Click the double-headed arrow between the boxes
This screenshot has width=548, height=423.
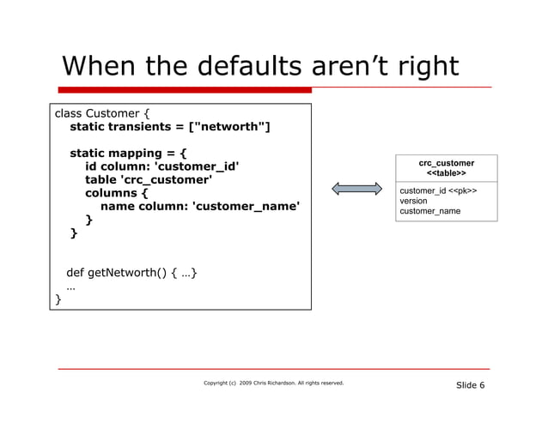tap(356, 188)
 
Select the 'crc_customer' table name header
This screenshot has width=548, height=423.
tap(446, 162)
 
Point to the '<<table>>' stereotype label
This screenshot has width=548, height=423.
tap(446, 173)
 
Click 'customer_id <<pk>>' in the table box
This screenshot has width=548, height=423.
tap(438, 190)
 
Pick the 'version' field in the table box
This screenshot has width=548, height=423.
tap(414, 201)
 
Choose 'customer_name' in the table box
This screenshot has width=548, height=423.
tap(429, 211)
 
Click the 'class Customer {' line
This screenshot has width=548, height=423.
tap(101, 112)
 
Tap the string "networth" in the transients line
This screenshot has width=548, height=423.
tap(232, 128)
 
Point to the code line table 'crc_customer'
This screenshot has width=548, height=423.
tap(148, 179)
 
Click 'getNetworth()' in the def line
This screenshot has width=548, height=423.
tap(128, 274)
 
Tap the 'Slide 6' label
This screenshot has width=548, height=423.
tap(470, 384)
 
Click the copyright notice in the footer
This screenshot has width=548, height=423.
tap(273, 383)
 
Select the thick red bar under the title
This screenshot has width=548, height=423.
tap(185, 89)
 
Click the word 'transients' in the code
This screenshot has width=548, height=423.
tap(145, 128)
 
